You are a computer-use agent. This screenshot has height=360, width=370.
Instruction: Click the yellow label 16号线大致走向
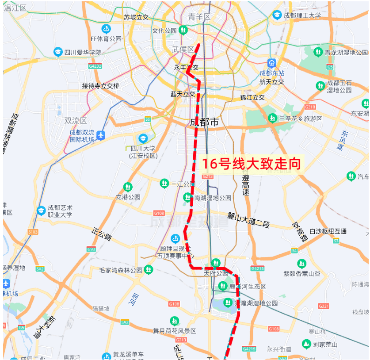pos(251,164)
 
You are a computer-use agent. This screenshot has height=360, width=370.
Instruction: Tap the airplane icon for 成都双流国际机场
pos(101,135)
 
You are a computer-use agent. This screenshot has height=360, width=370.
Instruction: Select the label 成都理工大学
pos(302,15)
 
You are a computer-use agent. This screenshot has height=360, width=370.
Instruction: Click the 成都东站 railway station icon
pos(271,63)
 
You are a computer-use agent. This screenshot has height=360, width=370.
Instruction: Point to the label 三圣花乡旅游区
pos(301,119)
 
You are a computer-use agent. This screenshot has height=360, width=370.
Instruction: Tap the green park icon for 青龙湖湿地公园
pos(317,52)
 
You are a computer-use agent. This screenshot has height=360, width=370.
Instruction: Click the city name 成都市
pos(204,123)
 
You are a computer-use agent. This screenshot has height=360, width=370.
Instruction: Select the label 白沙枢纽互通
pos(328,231)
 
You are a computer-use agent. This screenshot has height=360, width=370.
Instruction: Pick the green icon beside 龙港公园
pos(128,187)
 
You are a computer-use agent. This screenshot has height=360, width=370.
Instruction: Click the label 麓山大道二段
pos(248,219)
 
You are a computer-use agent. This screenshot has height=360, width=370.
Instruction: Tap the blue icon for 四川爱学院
pos(58,52)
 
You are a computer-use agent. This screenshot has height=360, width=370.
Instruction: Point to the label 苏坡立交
pos(136,17)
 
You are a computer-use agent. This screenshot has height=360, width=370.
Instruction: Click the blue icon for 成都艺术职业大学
pos(41,211)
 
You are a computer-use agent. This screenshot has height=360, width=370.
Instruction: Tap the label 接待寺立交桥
pos(100,86)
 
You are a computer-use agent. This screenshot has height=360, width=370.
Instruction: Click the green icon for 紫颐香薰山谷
pos(301,264)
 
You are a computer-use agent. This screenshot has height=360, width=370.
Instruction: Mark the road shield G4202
pos(95,66)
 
